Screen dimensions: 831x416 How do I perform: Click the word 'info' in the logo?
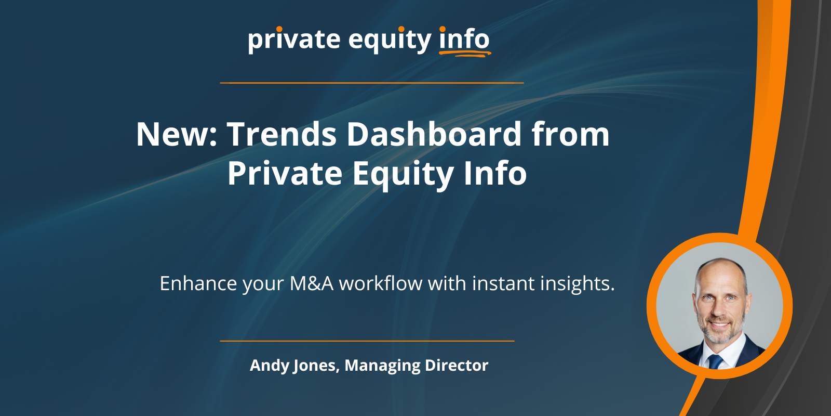tap(464, 38)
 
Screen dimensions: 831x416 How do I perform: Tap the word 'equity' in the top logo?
tap(390, 40)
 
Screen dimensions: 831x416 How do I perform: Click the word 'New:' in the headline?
tap(177, 134)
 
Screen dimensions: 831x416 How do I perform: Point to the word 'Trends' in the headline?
tap(282, 134)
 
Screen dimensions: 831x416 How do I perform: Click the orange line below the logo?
tap(372, 83)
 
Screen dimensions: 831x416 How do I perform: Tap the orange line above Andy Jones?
tap(367, 341)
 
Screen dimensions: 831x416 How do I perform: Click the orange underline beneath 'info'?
tap(465, 54)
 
